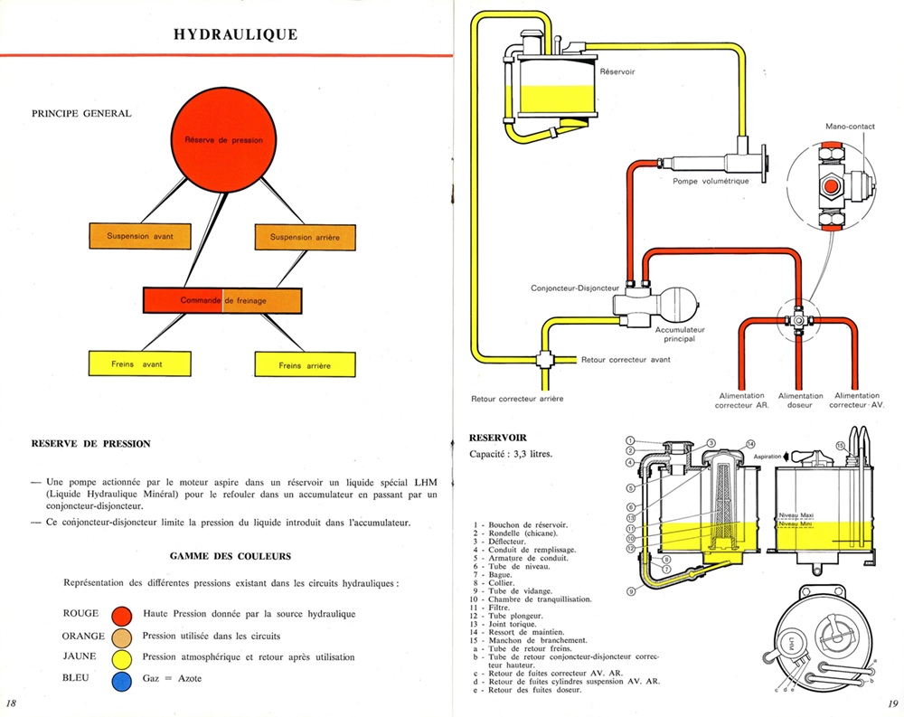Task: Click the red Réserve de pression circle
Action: (x=223, y=140)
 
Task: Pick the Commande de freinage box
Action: (x=222, y=299)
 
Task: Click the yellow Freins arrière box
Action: (x=305, y=364)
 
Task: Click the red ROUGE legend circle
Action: (x=123, y=615)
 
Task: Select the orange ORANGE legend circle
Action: (x=123, y=637)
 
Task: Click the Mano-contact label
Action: (x=850, y=127)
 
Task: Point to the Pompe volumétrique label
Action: (x=711, y=181)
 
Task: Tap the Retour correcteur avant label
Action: (x=626, y=360)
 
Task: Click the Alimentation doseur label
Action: (x=800, y=401)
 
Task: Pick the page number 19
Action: (x=890, y=703)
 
